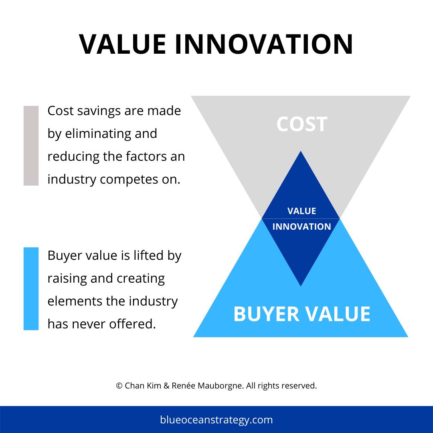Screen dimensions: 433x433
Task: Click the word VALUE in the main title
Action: click(122, 44)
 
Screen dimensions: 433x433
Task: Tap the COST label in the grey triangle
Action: click(301, 124)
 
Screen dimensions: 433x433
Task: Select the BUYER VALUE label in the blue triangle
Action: click(301, 314)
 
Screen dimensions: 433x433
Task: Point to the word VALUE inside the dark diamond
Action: click(301, 211)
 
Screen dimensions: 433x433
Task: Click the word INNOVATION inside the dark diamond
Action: click(301, 227)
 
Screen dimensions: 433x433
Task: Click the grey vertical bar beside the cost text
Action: click(31, 146)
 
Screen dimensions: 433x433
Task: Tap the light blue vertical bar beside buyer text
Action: click(31, 289)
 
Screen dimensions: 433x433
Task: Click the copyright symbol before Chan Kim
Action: click(119, 386)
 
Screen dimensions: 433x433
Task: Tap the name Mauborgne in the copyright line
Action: click(220, 386)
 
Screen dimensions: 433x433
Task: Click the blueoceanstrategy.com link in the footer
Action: click(216, 420)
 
